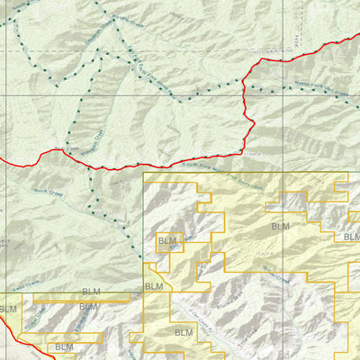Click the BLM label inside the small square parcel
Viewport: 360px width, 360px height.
tap(167, 241)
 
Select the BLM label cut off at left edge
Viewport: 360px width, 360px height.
tap(7, 310)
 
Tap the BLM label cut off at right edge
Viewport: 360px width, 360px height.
tap(351, 237)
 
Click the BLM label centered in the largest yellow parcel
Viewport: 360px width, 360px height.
tap(279, 227)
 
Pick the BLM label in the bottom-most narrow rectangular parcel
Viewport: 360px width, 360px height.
tap(64, 346)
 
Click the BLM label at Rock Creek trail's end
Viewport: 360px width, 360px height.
tap(154, 286)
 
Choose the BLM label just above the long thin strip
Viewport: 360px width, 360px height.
tap(91, 292)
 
